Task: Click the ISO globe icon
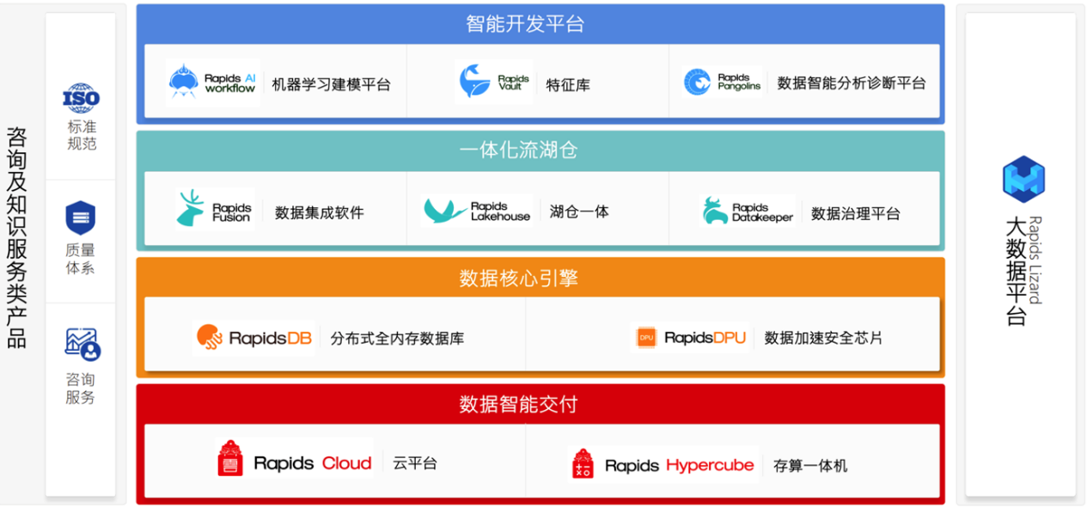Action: [81, 98]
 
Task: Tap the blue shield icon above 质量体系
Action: [81, 217]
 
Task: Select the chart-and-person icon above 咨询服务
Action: [82, 345]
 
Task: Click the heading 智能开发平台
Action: [525, 24]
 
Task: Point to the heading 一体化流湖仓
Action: [518, 150]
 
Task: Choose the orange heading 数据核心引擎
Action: [518, 278]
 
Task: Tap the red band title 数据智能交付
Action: [518, 404]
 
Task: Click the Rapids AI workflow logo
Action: [212, 83]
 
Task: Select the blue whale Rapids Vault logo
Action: [493, 82]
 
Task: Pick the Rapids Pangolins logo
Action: [722, 82]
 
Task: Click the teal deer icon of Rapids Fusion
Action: [190, 208]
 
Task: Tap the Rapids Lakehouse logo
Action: [477, 211]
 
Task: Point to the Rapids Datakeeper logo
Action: [748, 211]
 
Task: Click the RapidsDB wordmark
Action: [271, 338]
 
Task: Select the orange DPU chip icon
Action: [646, 337]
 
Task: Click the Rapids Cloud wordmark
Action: [313, 463]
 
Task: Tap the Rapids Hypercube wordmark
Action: [680, 466]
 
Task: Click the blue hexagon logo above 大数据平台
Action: [1024, 179]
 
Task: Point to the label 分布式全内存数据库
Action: [397, 339]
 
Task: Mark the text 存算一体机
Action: [810, 466]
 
